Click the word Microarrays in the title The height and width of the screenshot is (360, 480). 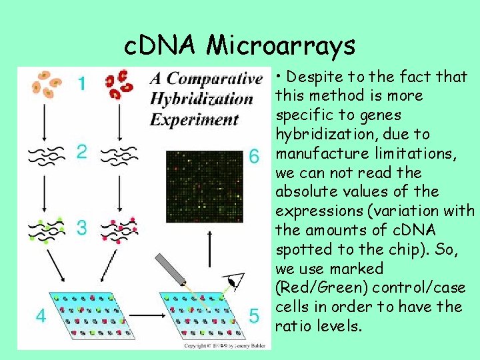[x=281, y=45]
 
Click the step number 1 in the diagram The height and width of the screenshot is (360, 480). [x=81, y=85]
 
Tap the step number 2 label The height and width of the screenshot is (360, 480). [x=81, y=152]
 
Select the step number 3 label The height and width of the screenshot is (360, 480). [x=81, y=228]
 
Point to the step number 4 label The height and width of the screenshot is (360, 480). [x=41, y=315]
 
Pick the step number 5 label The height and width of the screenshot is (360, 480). [x=253, y=315]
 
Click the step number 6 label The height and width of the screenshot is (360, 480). [x=254, y=157]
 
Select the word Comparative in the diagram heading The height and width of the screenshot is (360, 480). [x=212, y=79]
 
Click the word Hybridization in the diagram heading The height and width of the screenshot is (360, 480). [x=201, y=100]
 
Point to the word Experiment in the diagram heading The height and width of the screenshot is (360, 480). [x=194, y=120]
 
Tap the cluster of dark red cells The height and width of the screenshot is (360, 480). [x=119, y=84]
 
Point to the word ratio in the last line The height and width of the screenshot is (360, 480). [x=293, y=327]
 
